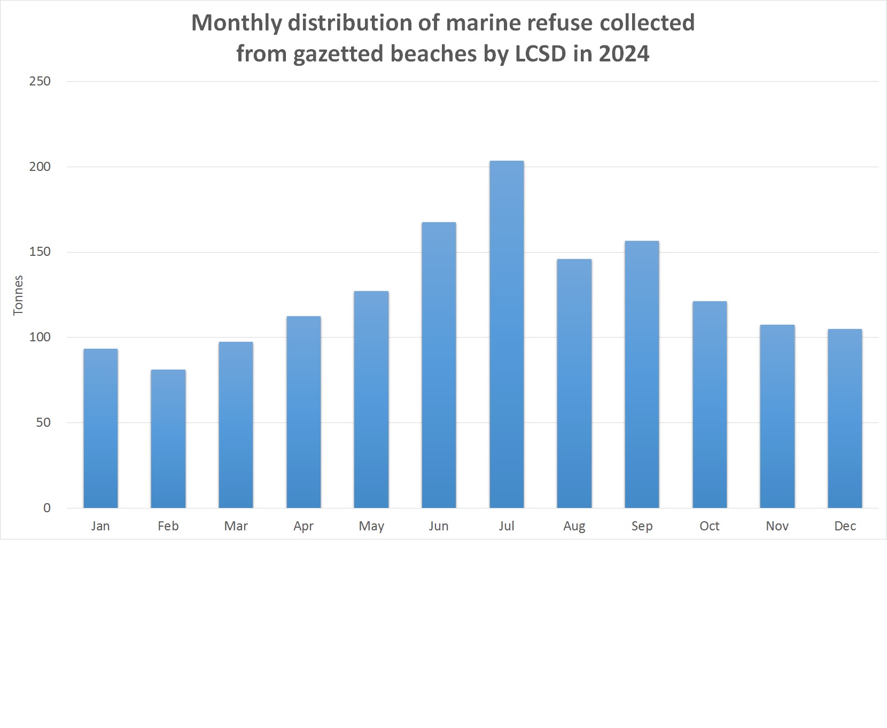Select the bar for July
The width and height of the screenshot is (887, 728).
507,334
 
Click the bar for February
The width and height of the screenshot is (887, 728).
168,439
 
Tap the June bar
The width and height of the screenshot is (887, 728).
439,365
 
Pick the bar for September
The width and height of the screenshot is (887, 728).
642,374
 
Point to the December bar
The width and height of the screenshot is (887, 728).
845,418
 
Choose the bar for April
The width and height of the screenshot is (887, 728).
304,412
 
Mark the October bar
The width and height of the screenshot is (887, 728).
710,404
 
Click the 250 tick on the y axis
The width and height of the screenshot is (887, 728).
40,81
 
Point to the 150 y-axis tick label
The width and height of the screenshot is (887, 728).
40,252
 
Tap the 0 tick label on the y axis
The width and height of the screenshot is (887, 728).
47,508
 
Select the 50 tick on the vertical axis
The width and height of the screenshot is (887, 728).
43,422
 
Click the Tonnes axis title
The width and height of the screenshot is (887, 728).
18,295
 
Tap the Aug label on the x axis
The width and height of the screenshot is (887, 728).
574,526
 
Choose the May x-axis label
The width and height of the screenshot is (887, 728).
371,526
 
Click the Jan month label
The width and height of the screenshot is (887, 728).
100,526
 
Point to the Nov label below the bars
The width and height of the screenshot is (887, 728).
777,526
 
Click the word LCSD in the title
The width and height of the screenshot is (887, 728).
540,53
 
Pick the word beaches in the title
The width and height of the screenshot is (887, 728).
433,53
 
